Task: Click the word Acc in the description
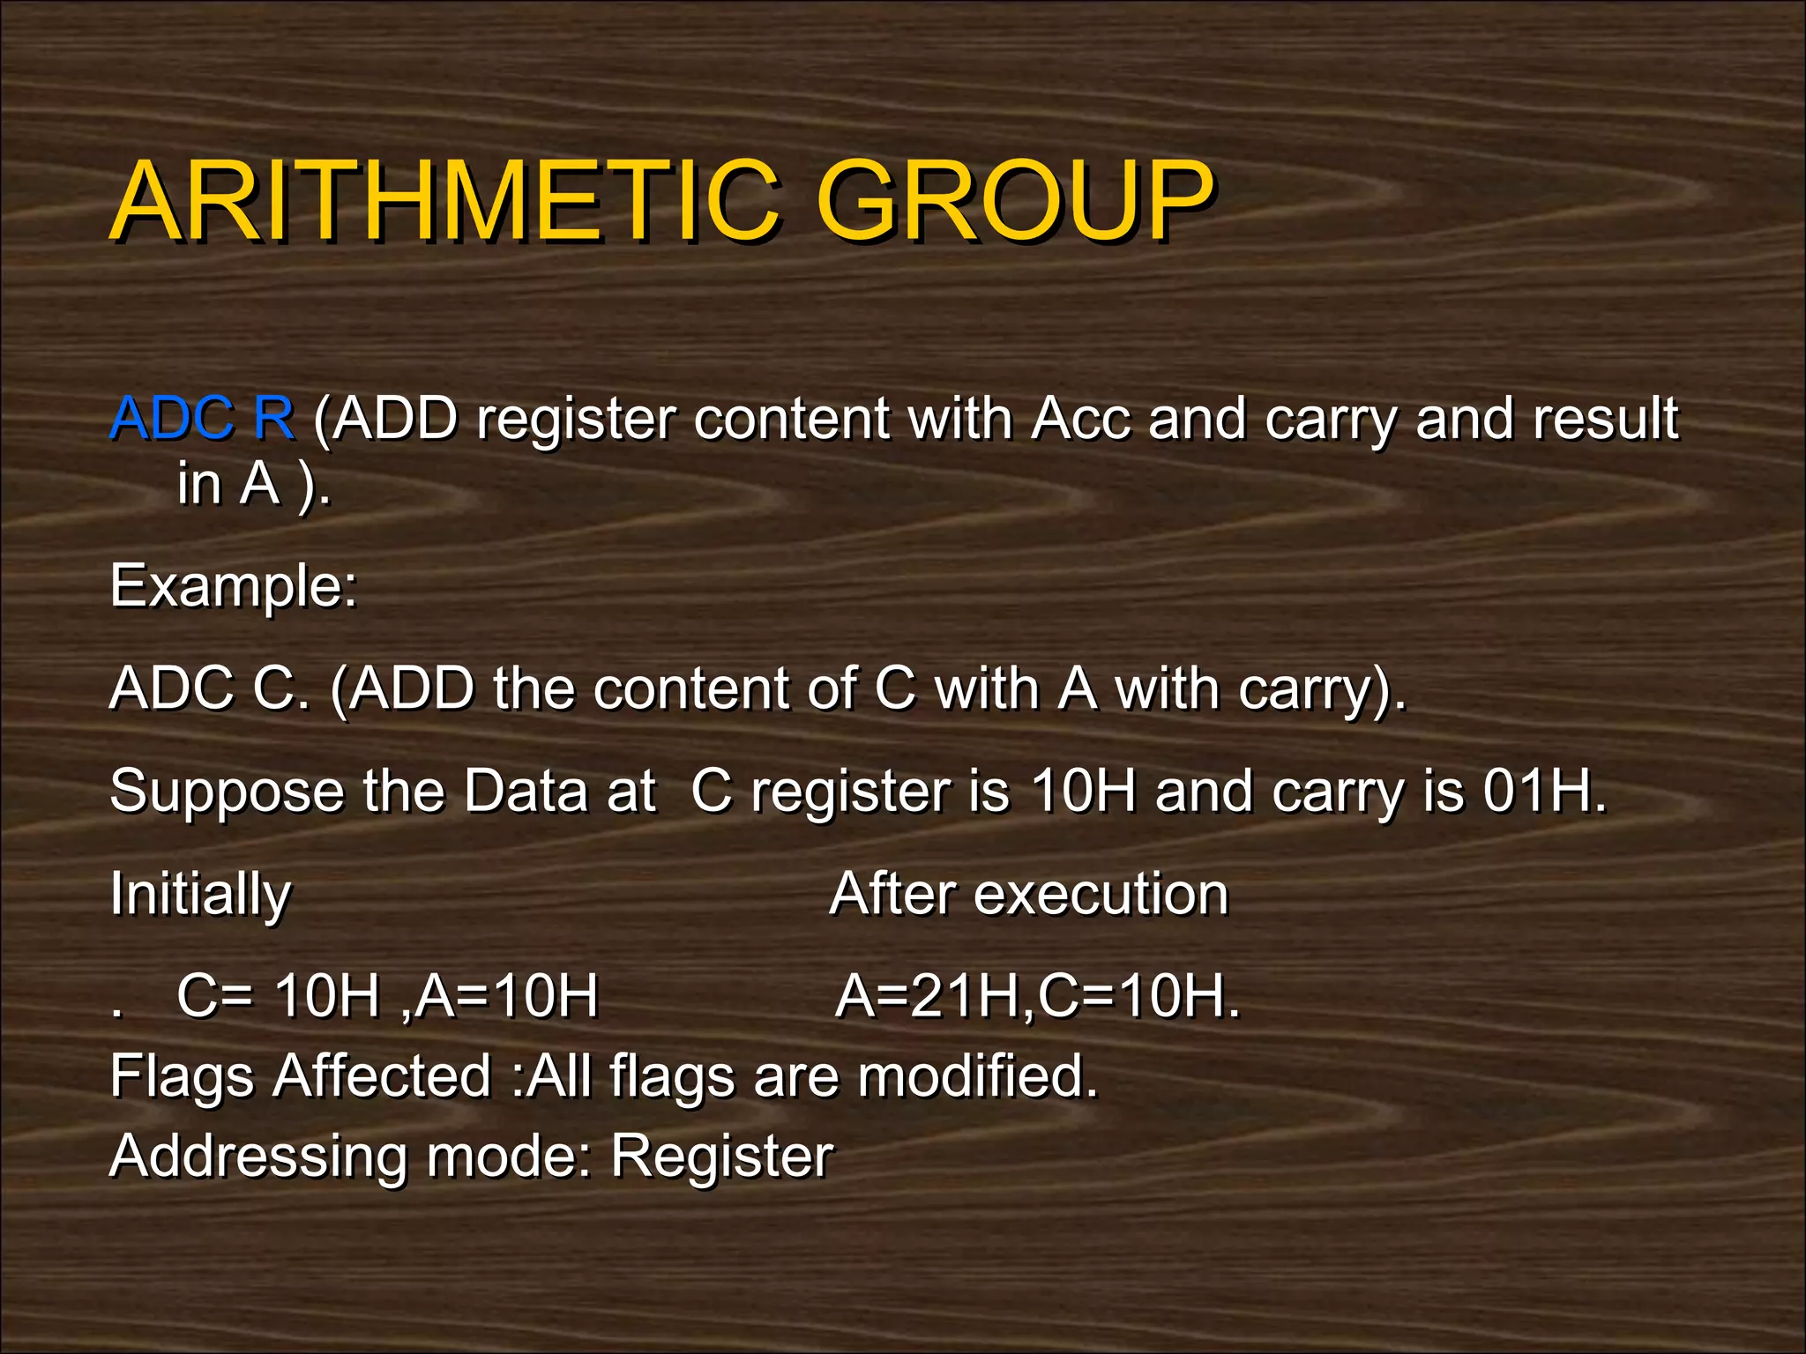(1080, 418)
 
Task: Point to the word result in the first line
(1606, 418)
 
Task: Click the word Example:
(234, 586)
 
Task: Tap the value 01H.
(1544, 791)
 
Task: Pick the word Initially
(200, 895)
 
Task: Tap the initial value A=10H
(507, 997)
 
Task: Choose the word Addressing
(257, 1156)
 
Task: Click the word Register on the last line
(721, 1157)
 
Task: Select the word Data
(525, 791)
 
